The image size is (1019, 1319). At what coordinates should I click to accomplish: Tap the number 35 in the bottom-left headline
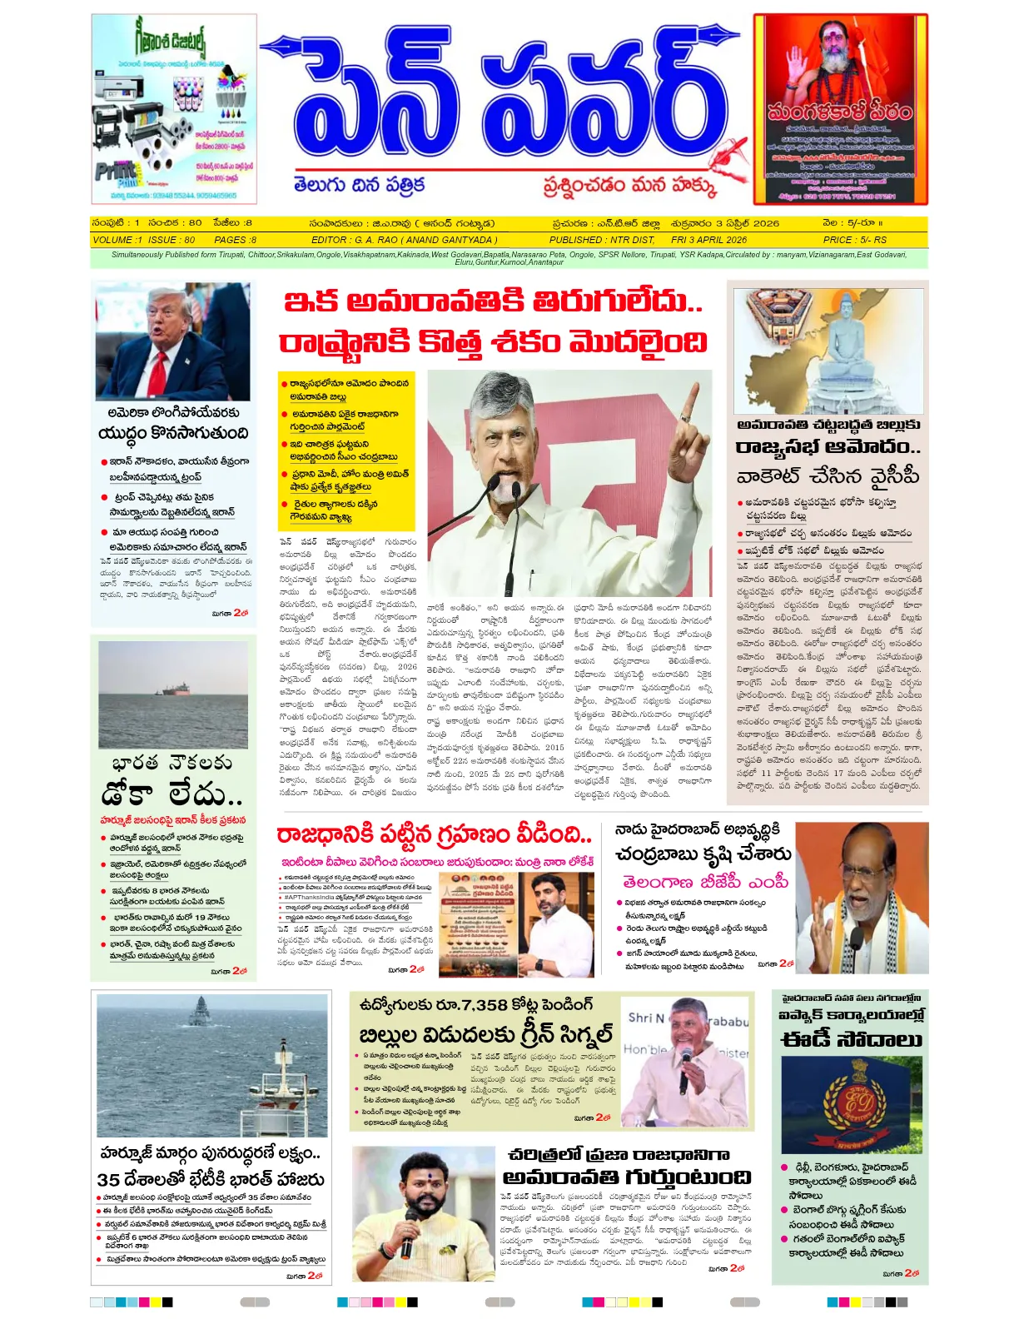(108, 1180)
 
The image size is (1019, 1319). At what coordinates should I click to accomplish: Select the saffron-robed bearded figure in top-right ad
(838, 62)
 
